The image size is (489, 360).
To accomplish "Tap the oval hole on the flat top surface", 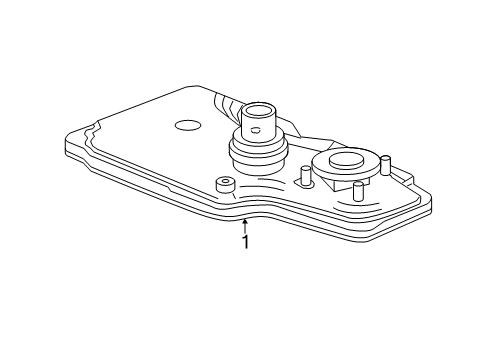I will (x=187, y=126).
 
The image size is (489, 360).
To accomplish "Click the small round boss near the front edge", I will (x=224, y=184).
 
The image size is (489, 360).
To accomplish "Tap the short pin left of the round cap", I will (x=301, y=176).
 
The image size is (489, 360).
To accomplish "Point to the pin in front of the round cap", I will (x=357, y=191).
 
